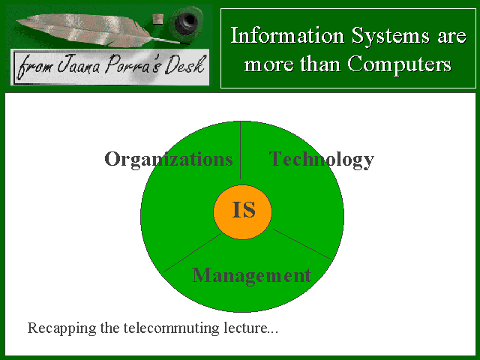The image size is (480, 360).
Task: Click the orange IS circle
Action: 242,211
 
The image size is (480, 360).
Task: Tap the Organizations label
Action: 169,159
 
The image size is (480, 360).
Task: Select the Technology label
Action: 322,159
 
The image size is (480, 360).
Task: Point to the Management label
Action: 251,275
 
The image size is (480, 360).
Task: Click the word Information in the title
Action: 287,35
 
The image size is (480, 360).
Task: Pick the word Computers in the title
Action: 399,65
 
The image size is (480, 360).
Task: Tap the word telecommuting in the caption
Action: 172,328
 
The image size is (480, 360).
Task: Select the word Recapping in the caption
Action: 61,328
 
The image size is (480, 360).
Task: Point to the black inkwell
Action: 186,21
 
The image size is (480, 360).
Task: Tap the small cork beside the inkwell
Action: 158,19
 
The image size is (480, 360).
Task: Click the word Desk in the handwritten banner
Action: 185,65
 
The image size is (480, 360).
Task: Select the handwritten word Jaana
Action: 79,65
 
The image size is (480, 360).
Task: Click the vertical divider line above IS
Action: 240,150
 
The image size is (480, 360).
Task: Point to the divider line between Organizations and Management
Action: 193,253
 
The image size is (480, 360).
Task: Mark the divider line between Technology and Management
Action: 302,244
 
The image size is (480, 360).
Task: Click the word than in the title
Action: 320,64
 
